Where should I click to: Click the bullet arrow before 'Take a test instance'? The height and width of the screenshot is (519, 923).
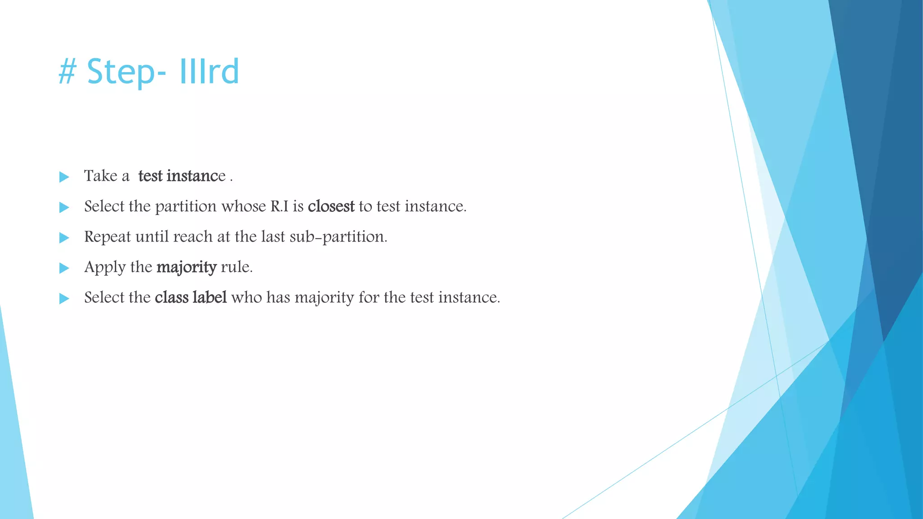64,177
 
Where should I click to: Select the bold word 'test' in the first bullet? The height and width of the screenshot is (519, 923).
150,176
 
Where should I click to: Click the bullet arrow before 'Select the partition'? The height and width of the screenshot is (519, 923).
64,207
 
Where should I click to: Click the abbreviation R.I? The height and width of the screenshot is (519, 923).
279,206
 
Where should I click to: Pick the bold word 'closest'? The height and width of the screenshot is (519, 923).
331,206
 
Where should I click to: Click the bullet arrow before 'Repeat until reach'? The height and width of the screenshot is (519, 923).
64,237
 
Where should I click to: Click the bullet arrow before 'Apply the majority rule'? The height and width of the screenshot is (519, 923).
64,268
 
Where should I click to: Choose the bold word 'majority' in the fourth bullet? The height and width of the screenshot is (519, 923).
187,268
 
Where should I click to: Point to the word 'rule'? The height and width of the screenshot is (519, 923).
236,267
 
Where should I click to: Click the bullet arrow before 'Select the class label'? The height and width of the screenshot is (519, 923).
64,298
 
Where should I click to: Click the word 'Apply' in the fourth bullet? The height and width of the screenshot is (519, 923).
105,268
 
